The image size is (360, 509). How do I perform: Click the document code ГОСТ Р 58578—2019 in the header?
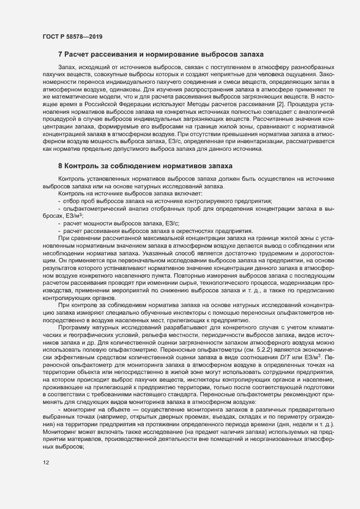click(x=72, y=36)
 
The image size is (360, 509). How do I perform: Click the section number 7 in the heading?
click(x=59, y=54)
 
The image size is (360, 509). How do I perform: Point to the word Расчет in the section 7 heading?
click(x=77, y=54)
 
